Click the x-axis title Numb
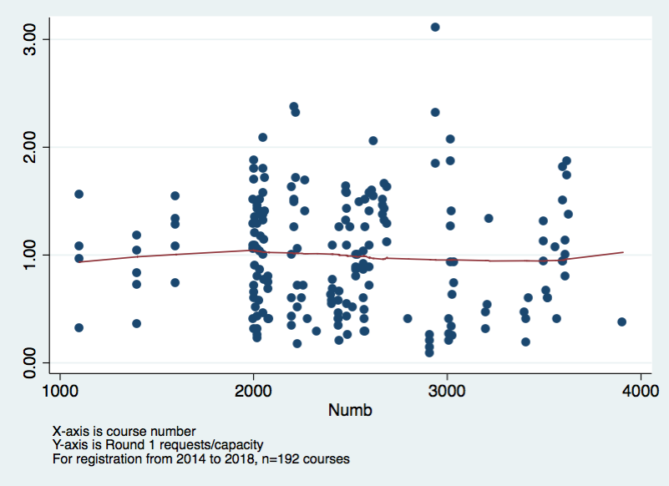coord(350,410)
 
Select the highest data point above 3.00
coord(435,28)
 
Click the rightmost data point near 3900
coord(621,321)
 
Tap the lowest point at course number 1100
coord(79,327)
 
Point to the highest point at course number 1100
coord(79,194)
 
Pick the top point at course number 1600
coord(175,195)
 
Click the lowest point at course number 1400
coord(137,323)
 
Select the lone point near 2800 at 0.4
coord(408,318)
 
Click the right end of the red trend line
coord(623,252)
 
